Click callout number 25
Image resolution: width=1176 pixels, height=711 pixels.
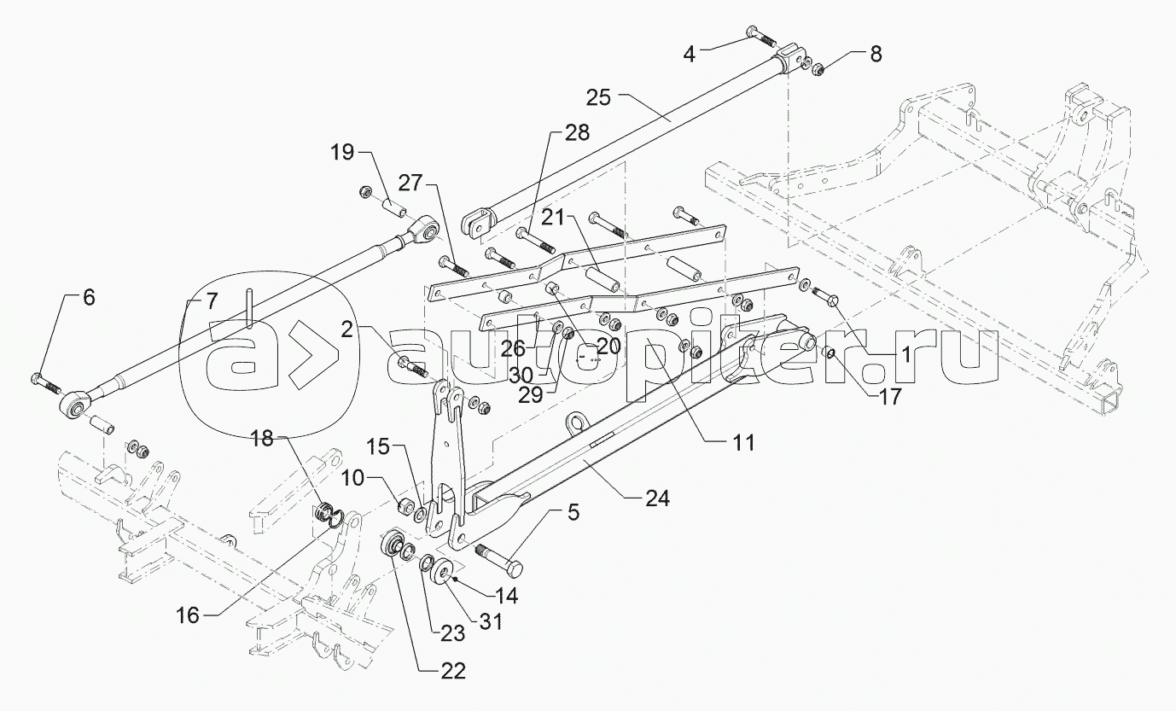(598, 97)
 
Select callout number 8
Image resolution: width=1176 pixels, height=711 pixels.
(875, 53)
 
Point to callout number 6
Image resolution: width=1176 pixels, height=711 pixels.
(89, 298)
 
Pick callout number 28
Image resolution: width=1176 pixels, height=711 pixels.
(576, 133)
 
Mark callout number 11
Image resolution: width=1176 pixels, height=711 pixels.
(743, 442)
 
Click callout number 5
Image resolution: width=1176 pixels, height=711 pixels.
(573, 514)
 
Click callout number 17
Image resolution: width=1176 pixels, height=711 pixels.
(889, 397)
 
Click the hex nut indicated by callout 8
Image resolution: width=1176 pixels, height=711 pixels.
(816, 68)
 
